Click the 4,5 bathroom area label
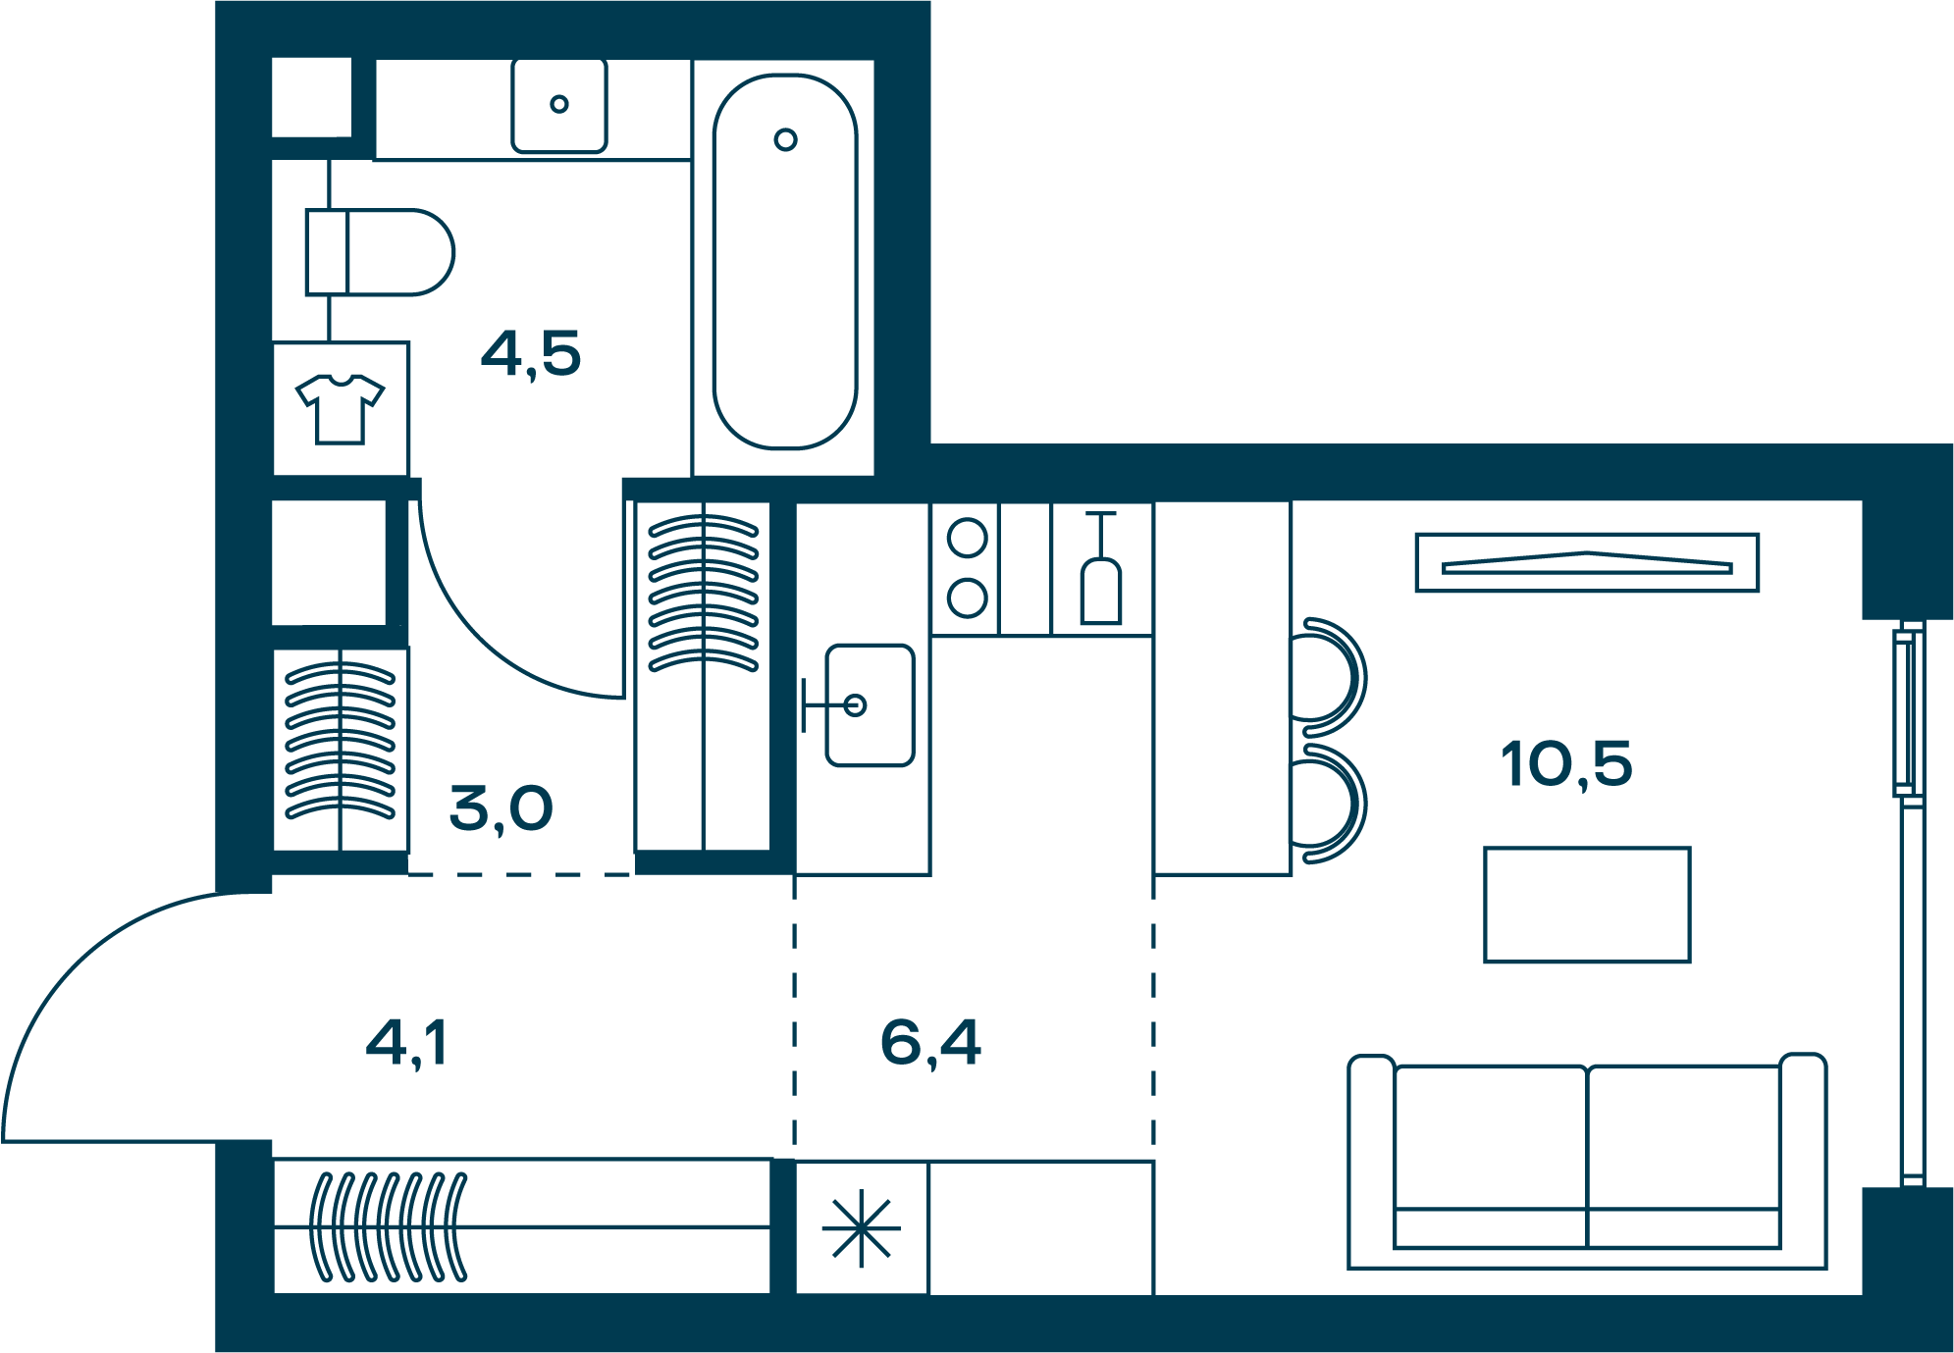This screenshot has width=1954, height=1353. (x=531, y=354)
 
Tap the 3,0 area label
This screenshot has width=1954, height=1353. (x=502, y=809)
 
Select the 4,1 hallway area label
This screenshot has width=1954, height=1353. (x=406, y=1043)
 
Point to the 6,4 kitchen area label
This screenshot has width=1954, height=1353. (x=930, y=1043)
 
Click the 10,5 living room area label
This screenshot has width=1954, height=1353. (x=1566, y=765)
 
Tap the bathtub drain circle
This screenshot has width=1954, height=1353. (x=785, y=139)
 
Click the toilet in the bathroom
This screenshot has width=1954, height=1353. (x=380, y=252)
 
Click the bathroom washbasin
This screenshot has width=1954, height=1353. (x=559, y=106)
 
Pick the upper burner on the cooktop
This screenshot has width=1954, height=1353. (x=967, y=538)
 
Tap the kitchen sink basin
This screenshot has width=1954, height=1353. (x=870, y=705)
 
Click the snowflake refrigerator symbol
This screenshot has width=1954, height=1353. (x=861, y=1228)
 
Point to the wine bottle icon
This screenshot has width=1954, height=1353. (x=1101, y=569)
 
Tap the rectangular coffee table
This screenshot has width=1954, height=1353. (x=1587, y=905)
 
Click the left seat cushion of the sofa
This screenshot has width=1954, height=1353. (x=1490, y=1138)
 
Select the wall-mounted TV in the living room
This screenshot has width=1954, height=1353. (x=1587, y=563)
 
